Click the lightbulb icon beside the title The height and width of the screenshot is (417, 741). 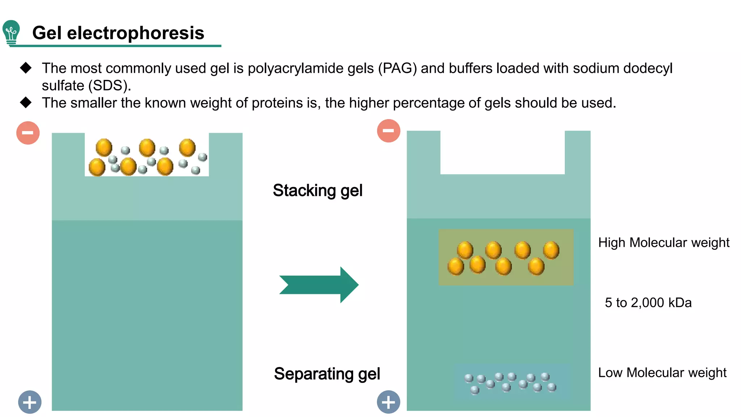[x=11, y=33]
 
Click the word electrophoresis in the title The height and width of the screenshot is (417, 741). [x=136, y=33]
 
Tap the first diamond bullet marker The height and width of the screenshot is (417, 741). [x=26, y=68]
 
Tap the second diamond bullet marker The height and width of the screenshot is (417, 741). [x=26, y=102]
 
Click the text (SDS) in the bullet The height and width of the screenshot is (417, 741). [x=110, y=86]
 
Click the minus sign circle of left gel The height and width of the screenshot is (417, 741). [x=28, y=133]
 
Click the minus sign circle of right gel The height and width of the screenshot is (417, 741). [x=389, y=131]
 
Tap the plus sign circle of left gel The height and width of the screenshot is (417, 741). [x=30, y=402]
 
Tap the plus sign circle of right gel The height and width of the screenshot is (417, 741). [x=389, y=402]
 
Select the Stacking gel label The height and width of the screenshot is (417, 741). [x=317, y=190]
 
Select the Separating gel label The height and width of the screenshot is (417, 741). [x=327, y=374]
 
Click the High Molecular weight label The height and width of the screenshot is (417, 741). [x=664, y=243]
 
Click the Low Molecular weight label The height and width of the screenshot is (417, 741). [x=662, y=372]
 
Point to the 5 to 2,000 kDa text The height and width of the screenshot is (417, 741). [x=648, y=303]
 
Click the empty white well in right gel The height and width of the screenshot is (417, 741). [x=502, y=152]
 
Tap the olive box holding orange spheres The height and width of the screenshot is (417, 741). [x=506, y=257]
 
